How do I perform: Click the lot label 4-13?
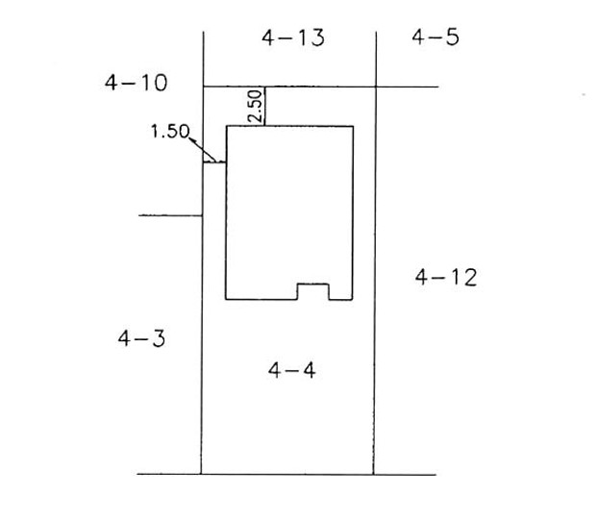click(x=293, y=37)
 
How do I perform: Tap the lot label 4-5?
click(x=435, y=37)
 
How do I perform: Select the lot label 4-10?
click(x=136, y=83)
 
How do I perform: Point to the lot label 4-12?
click(x=446, y=277)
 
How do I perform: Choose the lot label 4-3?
click(x=141, y=338)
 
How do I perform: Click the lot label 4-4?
click(x=291, y=370)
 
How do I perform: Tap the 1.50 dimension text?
click(x=170, y=132)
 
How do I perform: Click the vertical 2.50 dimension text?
click(x=255, y=106)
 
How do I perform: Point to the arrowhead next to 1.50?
click(x=192, y=141)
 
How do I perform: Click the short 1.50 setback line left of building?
click(x=214, y=162)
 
